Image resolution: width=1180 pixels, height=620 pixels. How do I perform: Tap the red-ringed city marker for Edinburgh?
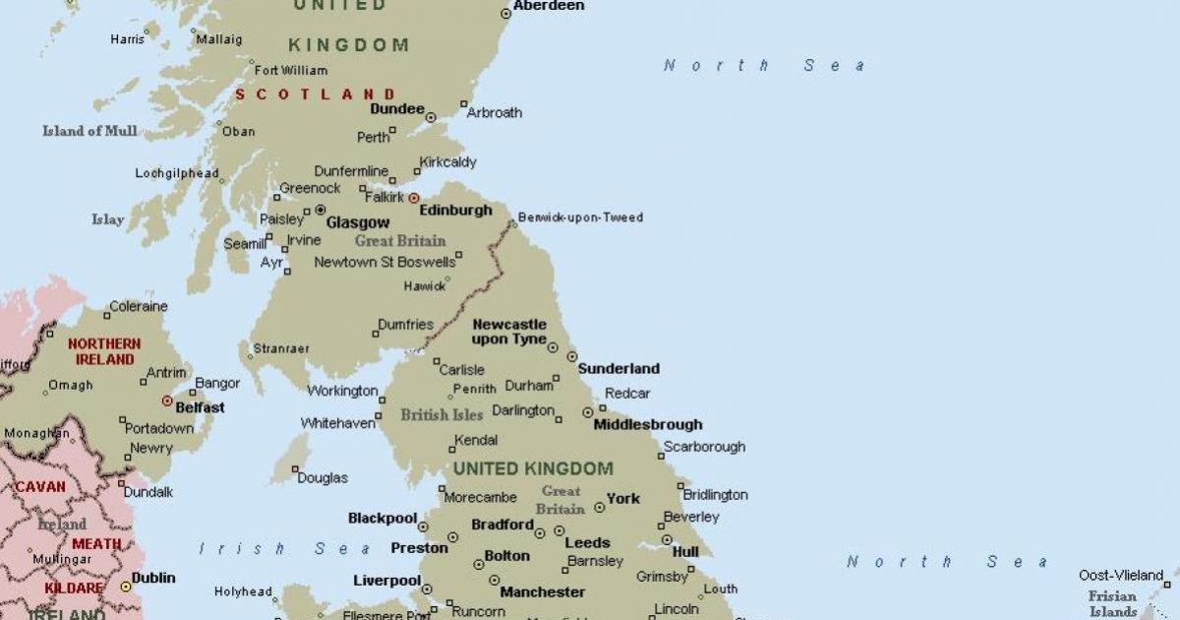(x=413, y=198)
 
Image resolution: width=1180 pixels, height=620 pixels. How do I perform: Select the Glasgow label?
(x=358, y=223)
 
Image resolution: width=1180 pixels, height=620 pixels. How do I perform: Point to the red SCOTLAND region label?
(x=315, y=94)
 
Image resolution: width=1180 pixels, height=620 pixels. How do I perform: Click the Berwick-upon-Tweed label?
(x=580, y=217)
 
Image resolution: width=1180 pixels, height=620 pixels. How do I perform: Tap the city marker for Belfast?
(x=167, y=401)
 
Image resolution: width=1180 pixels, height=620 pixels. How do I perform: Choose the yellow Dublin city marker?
(x=126, y=586)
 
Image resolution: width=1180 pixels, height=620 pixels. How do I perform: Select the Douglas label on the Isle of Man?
(x=323, y=477)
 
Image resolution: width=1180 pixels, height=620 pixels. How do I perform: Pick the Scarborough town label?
(x=704, y=447)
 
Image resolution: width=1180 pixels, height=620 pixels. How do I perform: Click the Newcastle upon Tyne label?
(x=509, y=332)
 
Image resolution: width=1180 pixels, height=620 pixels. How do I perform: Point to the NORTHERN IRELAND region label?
(x=104, y=352)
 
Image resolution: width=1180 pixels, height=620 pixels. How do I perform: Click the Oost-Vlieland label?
(x=1121, y=575)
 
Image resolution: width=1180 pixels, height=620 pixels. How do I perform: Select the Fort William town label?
(x=291, y=71)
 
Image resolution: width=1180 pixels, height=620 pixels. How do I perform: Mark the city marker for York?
(x=599, y=508)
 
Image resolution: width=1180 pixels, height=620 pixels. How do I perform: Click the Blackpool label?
(x=382, y=518)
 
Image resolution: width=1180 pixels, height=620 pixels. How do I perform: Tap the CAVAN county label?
(x=41, y=486)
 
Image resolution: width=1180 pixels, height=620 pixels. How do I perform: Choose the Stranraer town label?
(x=281, y=348)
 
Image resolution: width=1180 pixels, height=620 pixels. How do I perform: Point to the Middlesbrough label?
(x=648, y=425)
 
